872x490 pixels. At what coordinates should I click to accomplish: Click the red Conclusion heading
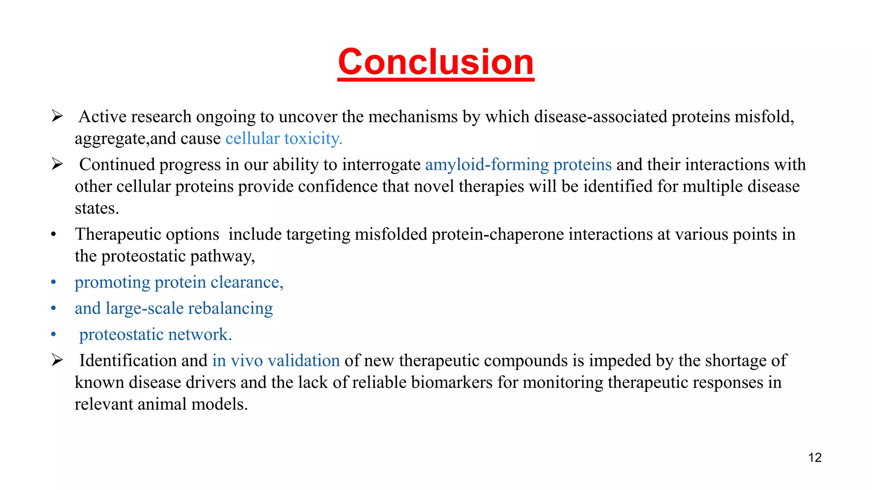point(436,63)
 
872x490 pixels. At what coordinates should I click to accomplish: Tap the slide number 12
point(815,458)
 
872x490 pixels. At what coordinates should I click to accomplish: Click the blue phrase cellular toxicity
point(284,139)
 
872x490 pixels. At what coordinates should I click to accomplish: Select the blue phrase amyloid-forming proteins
point(518,165)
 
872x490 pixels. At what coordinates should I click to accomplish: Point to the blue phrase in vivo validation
point(276,361)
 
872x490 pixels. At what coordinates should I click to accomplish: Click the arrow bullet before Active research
point(57,116)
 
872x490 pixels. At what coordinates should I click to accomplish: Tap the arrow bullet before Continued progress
point(57,164)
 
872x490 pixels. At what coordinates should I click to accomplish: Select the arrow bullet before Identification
point(57,360)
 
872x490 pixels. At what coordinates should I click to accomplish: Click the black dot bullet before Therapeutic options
point(53,235)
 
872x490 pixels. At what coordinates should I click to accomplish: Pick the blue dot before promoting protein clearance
point(53,282)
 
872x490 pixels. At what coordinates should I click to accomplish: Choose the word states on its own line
point(96,208)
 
